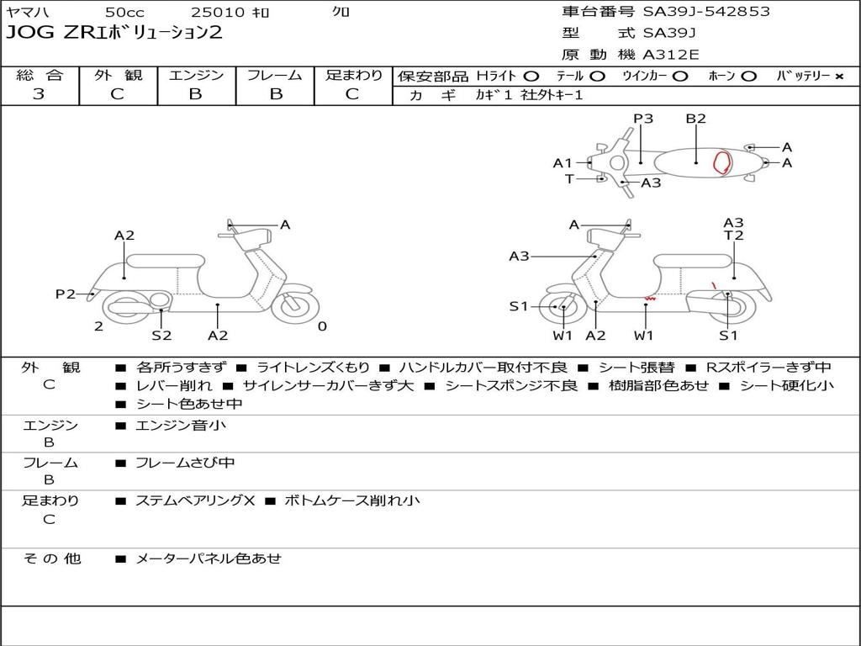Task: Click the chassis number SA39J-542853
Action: (x=706, y=12)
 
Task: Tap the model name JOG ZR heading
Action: (x=114, y=33)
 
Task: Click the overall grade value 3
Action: (x=39, y=94)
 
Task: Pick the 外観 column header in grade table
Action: (x=118, y=75)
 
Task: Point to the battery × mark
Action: (x=839, y=77)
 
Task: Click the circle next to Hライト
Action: (x=531, y=77)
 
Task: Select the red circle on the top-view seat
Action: (x=721, y=162)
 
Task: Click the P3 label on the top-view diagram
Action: (x=643, y=119)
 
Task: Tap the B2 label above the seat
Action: (x=695, y=119)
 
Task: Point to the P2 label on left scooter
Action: (x=66, y=294)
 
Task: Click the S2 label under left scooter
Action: (x=161, y=335)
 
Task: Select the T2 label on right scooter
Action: (x=733, y=236)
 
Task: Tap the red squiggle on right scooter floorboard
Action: (x=650, y=299)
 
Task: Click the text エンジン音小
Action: (x=180, y=425)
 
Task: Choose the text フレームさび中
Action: (x=185, y=463)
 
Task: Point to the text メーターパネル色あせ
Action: (x=209, y=559)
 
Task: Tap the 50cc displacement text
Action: (x=125, y=12)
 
